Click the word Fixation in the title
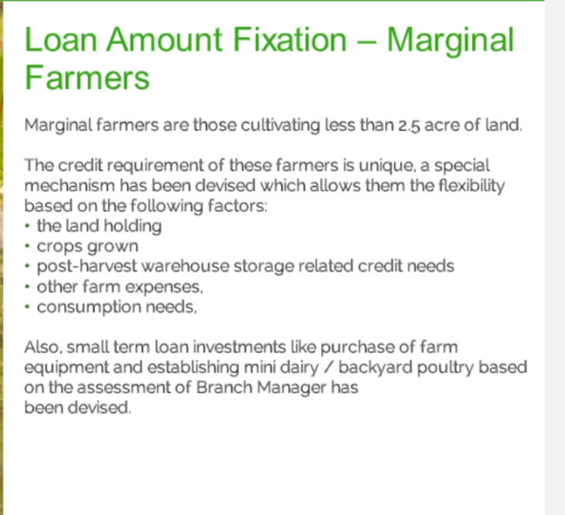[289, 39]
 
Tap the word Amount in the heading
[164, 39]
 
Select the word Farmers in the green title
[87, 77]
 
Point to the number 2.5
[409, 125]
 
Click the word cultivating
[280, 125]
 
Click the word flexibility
[471, 186]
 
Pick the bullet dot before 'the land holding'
[28, 226]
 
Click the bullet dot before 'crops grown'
[28, 246]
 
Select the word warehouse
[185, 266]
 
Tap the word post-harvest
[87, 266]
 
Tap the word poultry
[446, 368]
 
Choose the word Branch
[225, 387]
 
